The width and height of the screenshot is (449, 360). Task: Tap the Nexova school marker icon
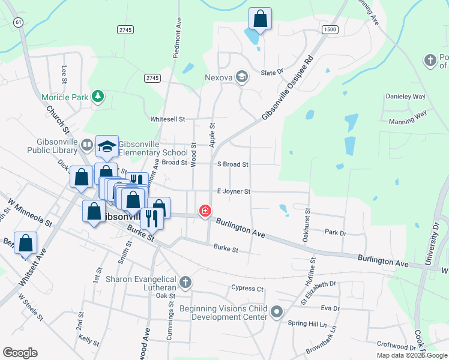pos(242,76)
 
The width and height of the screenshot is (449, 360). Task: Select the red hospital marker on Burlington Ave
pos(206,211)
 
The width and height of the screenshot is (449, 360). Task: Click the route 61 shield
pos(19,22)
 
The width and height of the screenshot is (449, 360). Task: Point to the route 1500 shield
pos(330,29)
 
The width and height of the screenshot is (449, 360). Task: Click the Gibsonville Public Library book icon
pos(87,145)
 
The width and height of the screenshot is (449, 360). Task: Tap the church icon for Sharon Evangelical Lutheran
pos(186,281)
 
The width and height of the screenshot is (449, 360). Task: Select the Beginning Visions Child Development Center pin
pos(277,311)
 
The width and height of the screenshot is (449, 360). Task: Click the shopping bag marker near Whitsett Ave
pos(26,243)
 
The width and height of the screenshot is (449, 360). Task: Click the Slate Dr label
pos(272,73)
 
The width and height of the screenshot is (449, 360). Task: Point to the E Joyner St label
pos(233,191)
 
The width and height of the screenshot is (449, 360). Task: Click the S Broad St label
pos(232,164)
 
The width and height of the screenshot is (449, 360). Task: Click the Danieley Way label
pos(405,97)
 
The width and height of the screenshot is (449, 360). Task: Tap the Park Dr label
pos(336,232)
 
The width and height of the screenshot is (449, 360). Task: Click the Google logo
pos(20,353)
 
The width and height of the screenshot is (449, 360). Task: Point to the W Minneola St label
pos(29,212)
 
